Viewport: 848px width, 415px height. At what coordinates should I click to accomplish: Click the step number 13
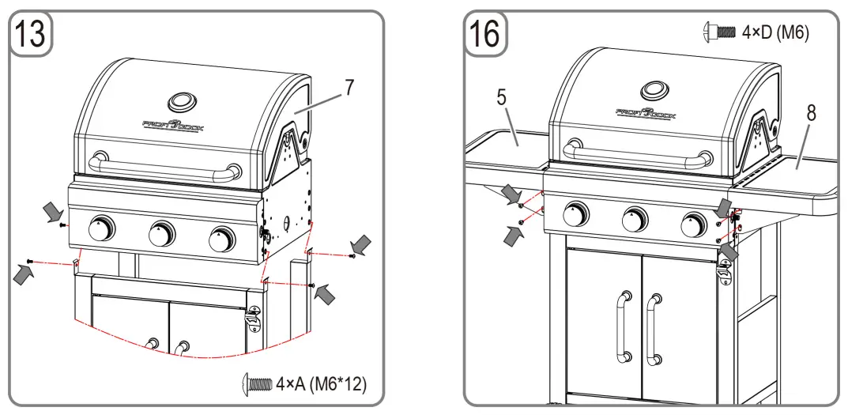pyautogui.click(x=31, y=36)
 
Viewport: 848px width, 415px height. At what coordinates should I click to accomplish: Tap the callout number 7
pyautogui.click(x=348, y=89)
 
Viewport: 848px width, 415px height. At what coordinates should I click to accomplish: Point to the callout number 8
pyautogui.click(x=811, y=113)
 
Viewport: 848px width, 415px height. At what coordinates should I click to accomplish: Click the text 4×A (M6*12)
pyautogui.click(x=320, y=385)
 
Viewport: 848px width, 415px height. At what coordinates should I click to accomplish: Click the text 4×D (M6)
pyautogui.click(x=775, y=32)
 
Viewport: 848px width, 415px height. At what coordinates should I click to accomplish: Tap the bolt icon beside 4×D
pyautogui.click(x=718, y=32)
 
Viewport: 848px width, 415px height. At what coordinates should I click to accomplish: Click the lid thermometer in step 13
pyautogui.click(x=180, y=102)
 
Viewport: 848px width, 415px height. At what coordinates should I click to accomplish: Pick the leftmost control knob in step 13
pyautogui.click(x=101, y=228)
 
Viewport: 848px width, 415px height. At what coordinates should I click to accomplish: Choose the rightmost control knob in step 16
pyautogui.click(x=694, y=224)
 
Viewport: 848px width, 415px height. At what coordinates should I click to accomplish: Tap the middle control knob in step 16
pyautogui.click(x=635, y=220)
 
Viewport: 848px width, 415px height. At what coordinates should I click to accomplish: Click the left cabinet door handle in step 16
pyautogui.click(x=624, y=325)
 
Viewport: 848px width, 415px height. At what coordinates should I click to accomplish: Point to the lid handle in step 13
pyautogui.click(x=165, y=168)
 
